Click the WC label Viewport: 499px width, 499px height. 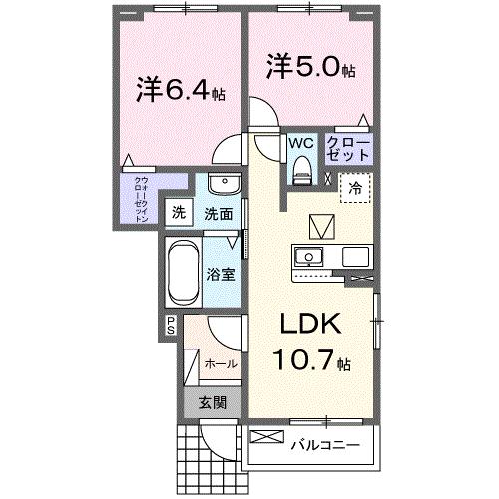tap(300, 142)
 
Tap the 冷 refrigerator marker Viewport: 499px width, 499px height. tap(354, 187)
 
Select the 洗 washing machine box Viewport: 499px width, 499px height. tap(178, 212)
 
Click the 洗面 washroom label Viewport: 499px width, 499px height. tap(218, 213)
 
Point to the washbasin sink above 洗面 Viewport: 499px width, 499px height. tap(223, 187)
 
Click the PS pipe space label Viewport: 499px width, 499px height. tap(171, 325)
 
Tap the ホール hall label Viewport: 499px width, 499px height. tap(221, 364)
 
